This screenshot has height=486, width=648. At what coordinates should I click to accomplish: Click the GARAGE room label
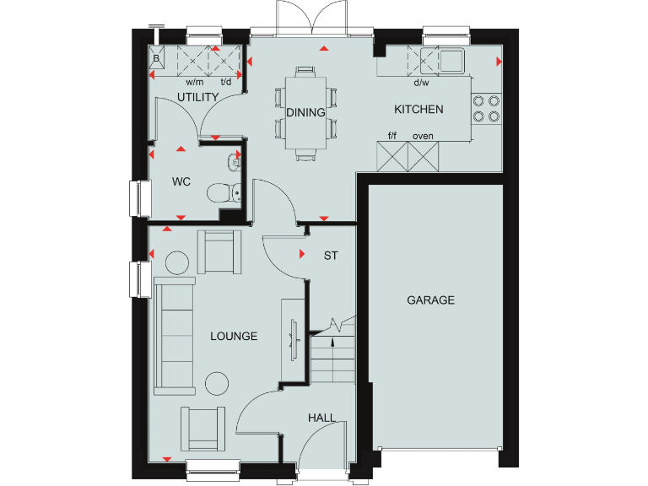pyautogui.click(x=430, y=300)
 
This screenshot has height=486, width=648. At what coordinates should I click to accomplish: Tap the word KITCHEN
pyautogui.click(x=418, y=110)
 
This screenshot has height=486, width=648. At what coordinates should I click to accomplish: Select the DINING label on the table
pyautogui.click(x=305, y=113)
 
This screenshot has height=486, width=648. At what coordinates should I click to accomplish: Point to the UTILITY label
pyautogui.click(x=198, y=97)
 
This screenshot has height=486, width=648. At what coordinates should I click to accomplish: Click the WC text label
pyautogui.click(x=181, y=181)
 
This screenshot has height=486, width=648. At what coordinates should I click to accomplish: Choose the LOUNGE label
pyautogui.click(x=234, y=337)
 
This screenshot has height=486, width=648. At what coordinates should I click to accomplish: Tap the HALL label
pyautogui.click(x=321, y=418)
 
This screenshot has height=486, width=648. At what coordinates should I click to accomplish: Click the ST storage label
pyautogui.click(x=331, y=255)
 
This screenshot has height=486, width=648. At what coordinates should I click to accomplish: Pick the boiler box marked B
pyautogui.click(x=157, y=58)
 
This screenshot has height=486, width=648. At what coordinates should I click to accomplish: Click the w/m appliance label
pyautogui.click(x=195, y=83)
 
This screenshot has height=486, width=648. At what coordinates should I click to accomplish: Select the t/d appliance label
pyautogui.click(x=226, y=83)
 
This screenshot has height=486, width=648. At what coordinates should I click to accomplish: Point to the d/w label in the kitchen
pyautogui.click(x=421, y=83)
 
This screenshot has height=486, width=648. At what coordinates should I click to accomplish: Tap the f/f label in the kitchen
pyautogui.click(x=392, y=136)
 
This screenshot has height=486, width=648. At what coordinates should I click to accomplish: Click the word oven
pyautogui.click(x=423, y=136)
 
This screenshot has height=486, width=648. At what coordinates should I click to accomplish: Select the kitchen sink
pyautogui.click(x=448, y=60)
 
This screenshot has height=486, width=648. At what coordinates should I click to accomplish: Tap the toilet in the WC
pyautogui.click(x=222, y=193)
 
